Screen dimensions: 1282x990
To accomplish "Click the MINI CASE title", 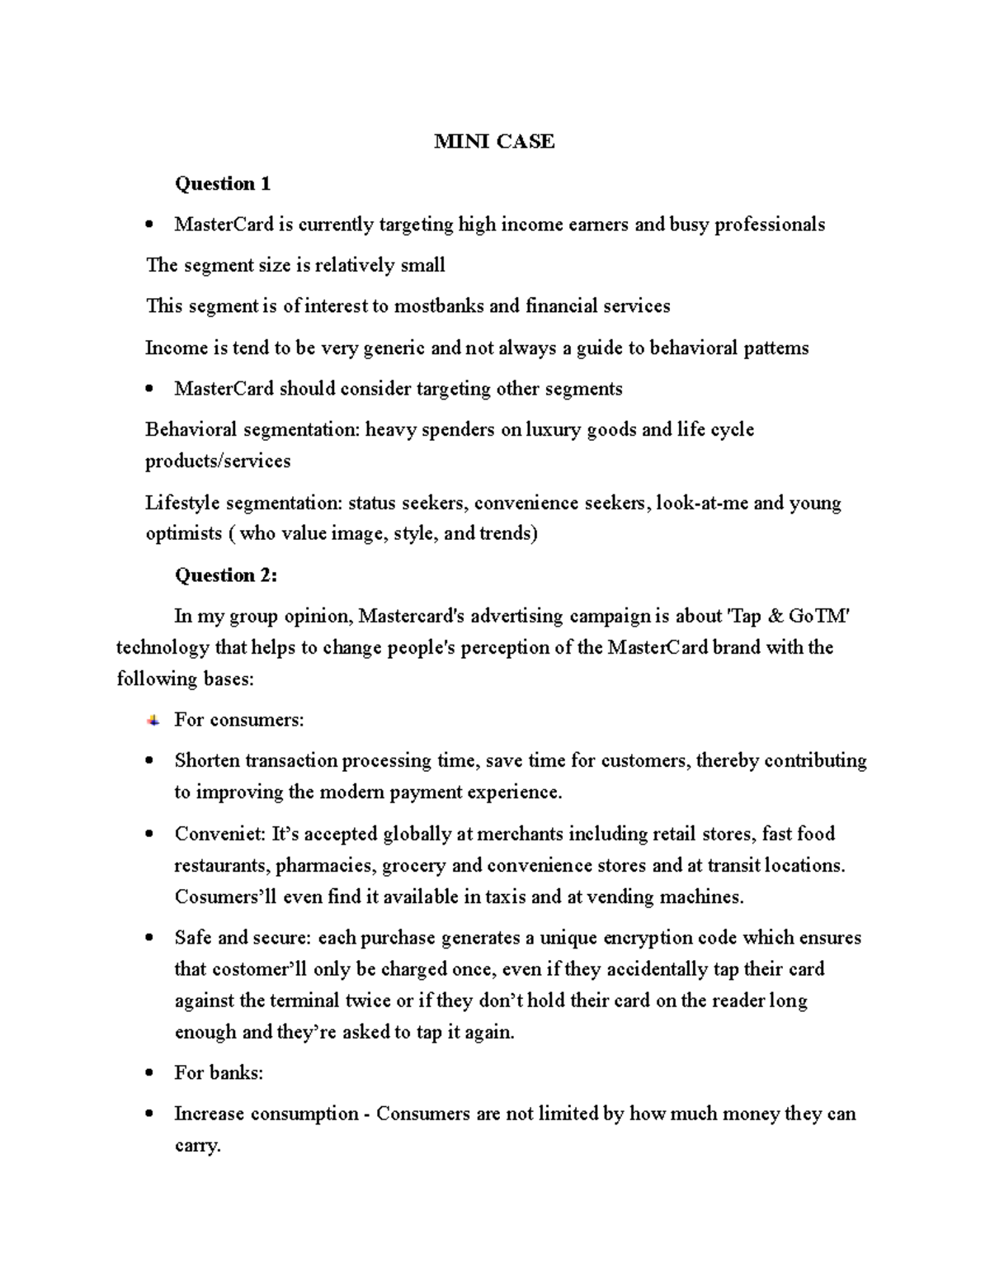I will pos(494,142).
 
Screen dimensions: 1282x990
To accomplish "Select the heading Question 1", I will pos(222,183).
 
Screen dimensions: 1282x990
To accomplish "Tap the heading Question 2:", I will pos(225,575).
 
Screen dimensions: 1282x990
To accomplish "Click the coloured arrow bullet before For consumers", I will pos(153,720).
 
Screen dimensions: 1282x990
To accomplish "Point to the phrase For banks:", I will pos(219,1072).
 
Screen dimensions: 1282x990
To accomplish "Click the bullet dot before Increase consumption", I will pos(149,1114).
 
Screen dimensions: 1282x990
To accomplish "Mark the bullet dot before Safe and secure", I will pos(149,939).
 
